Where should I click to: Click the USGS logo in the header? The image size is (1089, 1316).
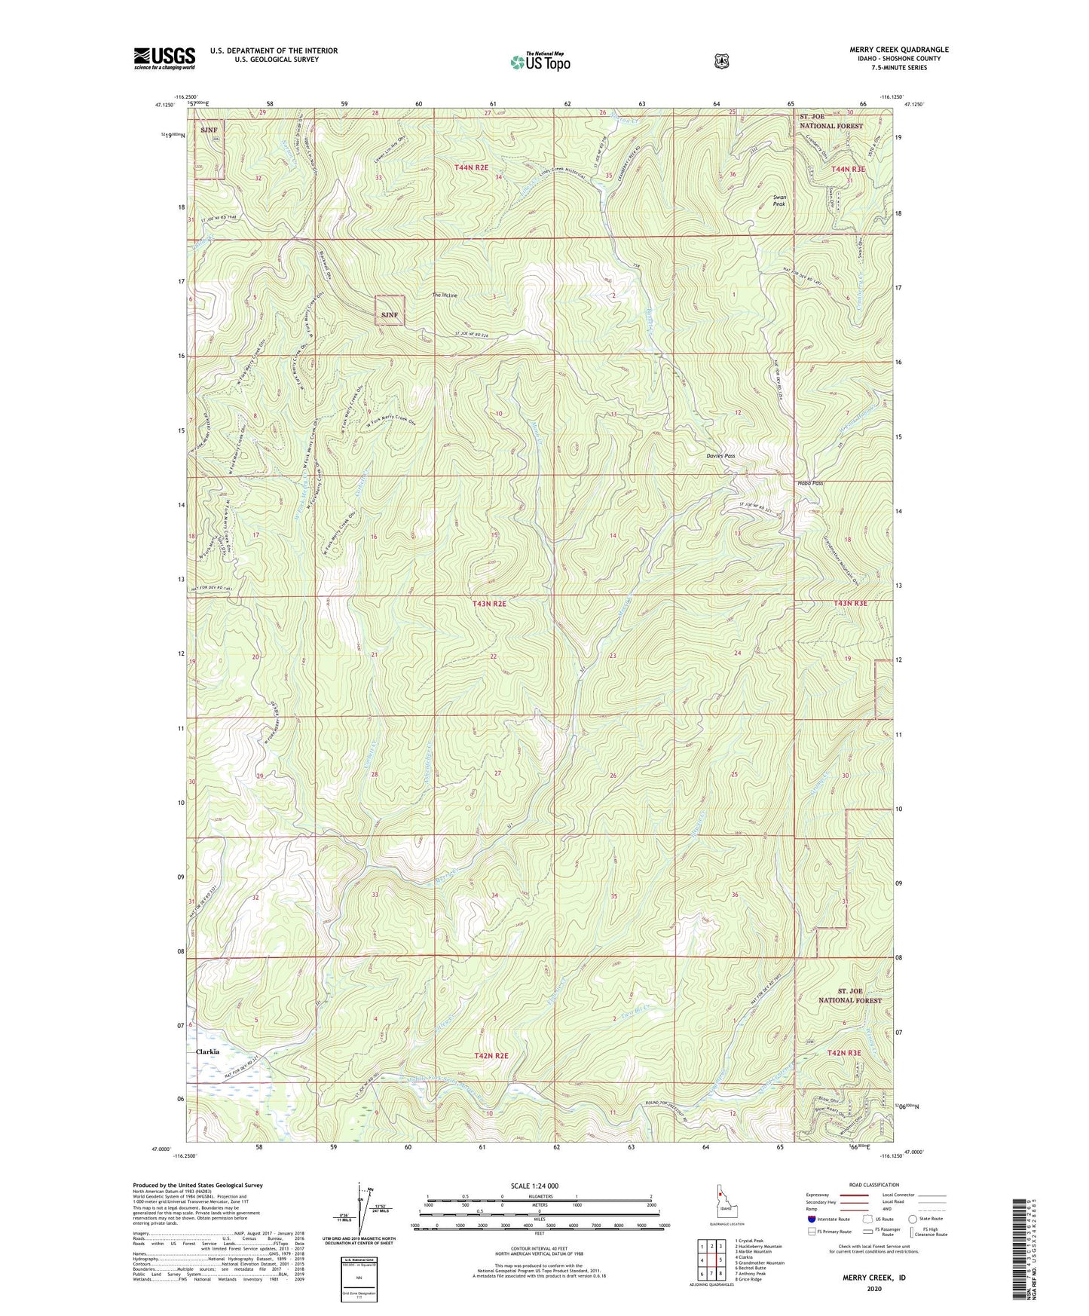coord(164,58)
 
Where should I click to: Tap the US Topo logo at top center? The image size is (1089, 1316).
coord(540,62)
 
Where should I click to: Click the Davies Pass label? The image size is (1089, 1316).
coord(720,456)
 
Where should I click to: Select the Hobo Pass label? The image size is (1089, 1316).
coord(810,483)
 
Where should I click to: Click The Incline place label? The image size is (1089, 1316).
coord(445,295)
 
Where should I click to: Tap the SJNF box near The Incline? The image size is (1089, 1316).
coord(390,310)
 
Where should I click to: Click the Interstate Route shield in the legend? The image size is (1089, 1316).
coord(811,1219)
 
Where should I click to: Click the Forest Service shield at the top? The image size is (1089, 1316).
coord(721,61)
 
